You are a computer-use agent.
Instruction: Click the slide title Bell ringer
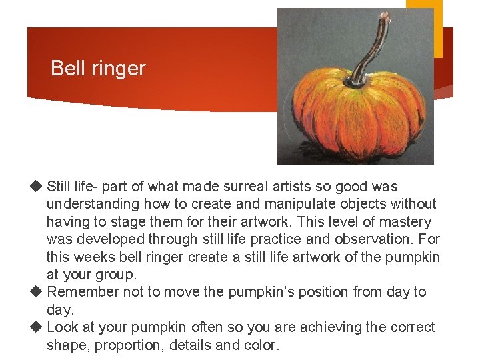[98, 68]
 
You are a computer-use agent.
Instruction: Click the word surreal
[223, 187]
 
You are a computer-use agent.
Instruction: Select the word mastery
[405, 222]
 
